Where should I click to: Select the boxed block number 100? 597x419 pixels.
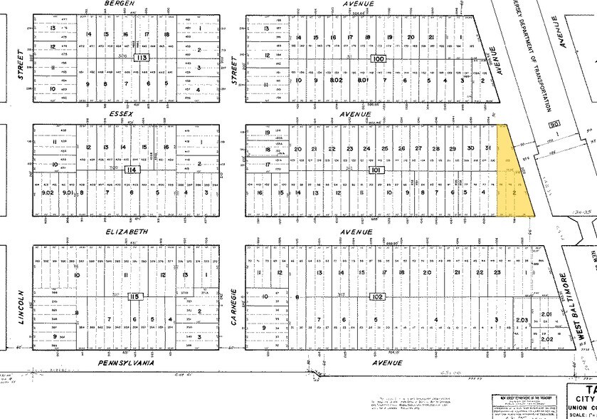tap(377, 58)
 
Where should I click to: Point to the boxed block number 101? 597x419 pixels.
tap(375, 170)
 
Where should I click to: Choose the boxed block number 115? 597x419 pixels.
tap(133, 295)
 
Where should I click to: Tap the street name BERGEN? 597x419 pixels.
tap(119, 4)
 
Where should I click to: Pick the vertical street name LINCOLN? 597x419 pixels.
tap(21, 308)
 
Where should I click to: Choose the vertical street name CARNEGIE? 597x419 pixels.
tap(233, 308)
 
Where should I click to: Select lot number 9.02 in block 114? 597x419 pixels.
tap(48, 192)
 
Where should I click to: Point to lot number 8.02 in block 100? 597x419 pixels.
tap(334, 81)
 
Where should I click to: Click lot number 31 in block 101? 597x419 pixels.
tap(487, 148)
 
